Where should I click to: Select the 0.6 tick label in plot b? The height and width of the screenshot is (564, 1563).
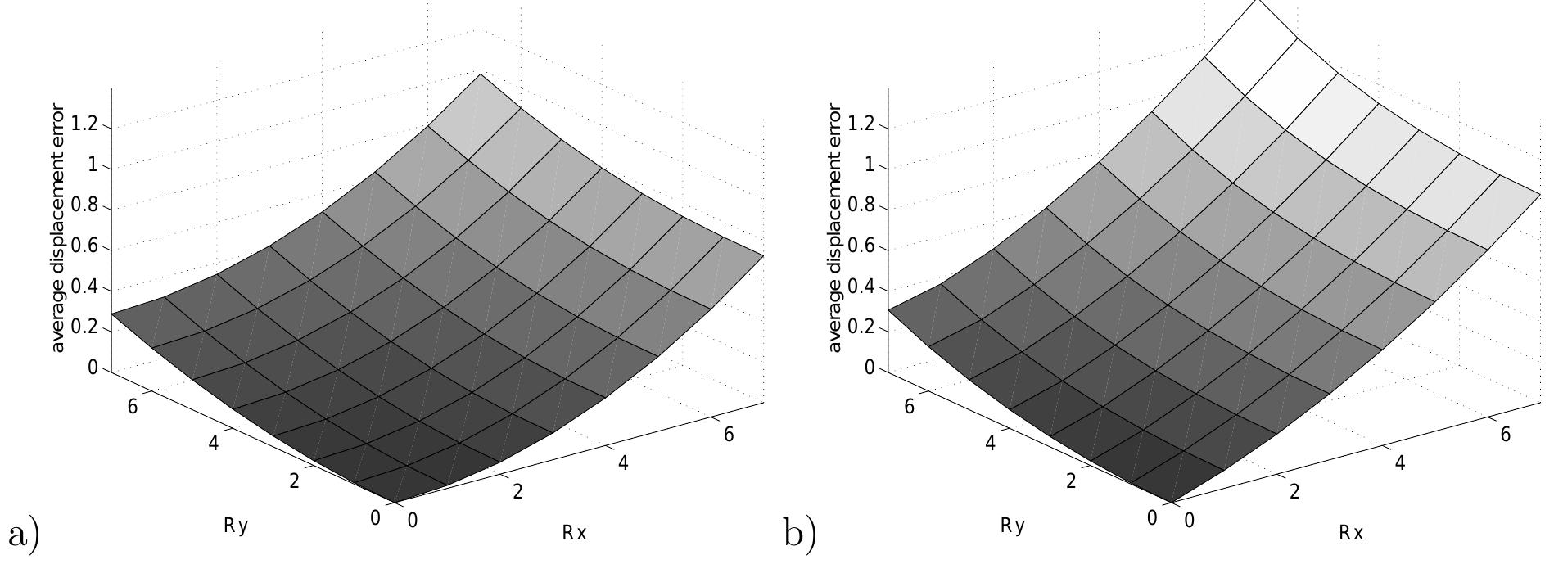pyautogui.click(x=861, y=248)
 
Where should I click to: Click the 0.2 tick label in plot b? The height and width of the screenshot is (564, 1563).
pyautogui.click(x=861, y=328)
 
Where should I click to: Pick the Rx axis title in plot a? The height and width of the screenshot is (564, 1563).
pyautogui.click(x=574, y=533)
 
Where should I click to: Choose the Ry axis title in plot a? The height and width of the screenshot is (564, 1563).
pyautogui.click(x=236, y=526)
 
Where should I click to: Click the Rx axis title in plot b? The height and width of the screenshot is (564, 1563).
pyautogui.click(x=1351, y=533)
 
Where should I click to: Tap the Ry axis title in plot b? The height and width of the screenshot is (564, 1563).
pyautogui.click(x=1013, y=526)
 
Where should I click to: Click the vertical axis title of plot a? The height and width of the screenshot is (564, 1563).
pyautogui.click(x=58, y=228)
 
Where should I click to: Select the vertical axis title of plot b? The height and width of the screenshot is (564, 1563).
pyautogui.click(x=835, y=228)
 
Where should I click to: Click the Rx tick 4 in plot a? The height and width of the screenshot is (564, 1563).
pyautogui.click(x=623, y=463)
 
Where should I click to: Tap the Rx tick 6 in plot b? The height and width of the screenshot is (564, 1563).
pyautogui.click(x=1505, y=435)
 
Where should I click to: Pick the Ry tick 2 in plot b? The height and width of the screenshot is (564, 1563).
pyautogui.click(x=1071, y=481)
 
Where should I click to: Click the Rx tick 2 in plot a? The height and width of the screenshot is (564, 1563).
pyautogui.click(x=517, y=491)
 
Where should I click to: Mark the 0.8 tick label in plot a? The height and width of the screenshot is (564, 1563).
pyautogui.click(x=84, y=207)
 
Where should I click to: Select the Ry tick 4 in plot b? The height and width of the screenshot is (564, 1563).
pyautogui.click(x=991, y=444)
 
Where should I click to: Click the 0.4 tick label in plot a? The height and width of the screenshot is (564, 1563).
pyautogui.click(x=84, y=288)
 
